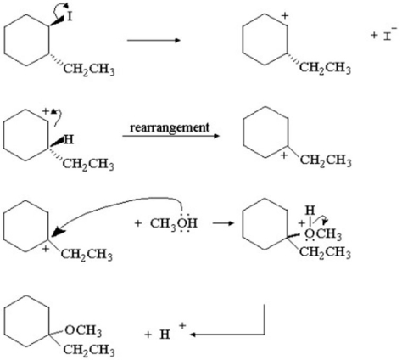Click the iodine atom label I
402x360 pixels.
[x=70, y=17]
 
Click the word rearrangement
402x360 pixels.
[x=170, y=127]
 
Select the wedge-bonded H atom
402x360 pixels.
[x=69, y=139]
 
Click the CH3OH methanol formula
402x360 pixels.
[x=174, y=223]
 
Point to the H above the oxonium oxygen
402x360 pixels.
[x=310, y=211]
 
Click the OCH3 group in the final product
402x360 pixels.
[x=83, y=330]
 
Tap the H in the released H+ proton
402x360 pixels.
[x=165, y=335]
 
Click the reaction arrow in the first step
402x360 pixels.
[x=154, y=40]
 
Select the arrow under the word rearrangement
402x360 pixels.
[x=170, y=136]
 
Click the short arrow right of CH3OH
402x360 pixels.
[x=223, y=223]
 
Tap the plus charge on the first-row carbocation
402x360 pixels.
[x=285, y=15]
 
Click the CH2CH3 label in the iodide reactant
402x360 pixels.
[x=89, y=70]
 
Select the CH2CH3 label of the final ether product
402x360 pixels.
[x=89, y=350]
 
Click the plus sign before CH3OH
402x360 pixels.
[x=137, y=223]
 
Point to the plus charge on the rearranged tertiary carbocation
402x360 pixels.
[x=284, y=155]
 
